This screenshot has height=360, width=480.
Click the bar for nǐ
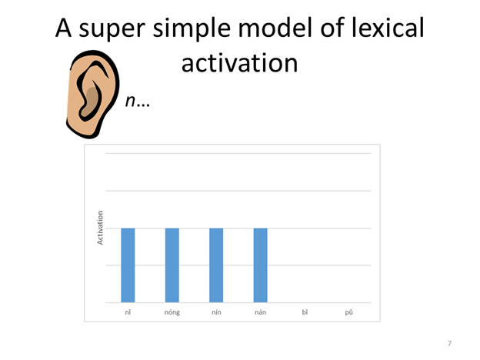(x=128, y=265)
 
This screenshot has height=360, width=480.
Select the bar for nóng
(x=172, y=265)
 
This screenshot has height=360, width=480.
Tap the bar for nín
(x=216, y=265)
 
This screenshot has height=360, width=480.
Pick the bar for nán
(x=261, y=265)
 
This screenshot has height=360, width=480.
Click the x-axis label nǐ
(x=128, y=313)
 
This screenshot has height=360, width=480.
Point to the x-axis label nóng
(x=172, y=313)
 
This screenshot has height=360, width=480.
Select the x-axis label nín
(x=216, y=313)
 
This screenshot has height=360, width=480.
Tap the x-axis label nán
(x=261, y=313)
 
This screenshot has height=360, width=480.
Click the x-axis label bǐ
(x=305, y=313)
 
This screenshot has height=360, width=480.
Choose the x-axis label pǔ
(x=349, y=313)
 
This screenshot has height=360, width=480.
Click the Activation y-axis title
(x=100, y=228)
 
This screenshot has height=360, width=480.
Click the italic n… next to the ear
(x=136, y=102)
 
